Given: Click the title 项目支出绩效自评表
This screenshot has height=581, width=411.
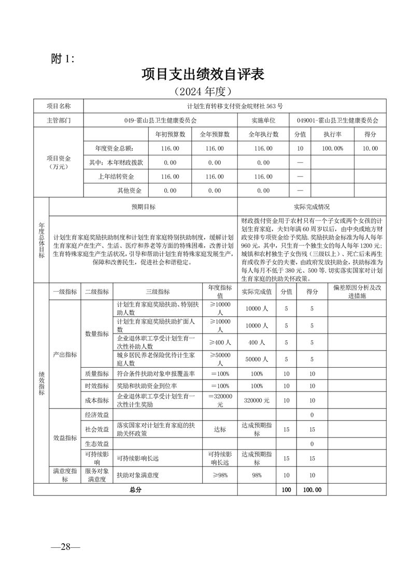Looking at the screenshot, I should [x=203, y=75].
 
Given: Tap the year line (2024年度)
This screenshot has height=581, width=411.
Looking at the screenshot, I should [x=203, y=92].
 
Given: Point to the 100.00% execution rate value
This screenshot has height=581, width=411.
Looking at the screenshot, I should [x=333, y=148].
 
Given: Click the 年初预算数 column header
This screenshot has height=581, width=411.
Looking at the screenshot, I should [x=171, y=134].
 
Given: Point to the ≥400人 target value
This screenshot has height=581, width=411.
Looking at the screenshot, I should [x=220, y=342].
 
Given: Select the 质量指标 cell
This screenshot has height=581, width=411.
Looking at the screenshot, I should [x=96, y=373].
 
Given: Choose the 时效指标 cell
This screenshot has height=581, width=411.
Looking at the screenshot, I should [x=96, y=386].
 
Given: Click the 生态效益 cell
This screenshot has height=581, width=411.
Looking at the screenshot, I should [x=96, y=444].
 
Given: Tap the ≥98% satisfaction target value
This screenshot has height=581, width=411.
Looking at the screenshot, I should [x=220, y=475].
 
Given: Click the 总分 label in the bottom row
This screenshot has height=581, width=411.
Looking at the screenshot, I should [x=136, y=489].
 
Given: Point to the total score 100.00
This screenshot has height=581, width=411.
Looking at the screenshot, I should [x=312, y=489].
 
